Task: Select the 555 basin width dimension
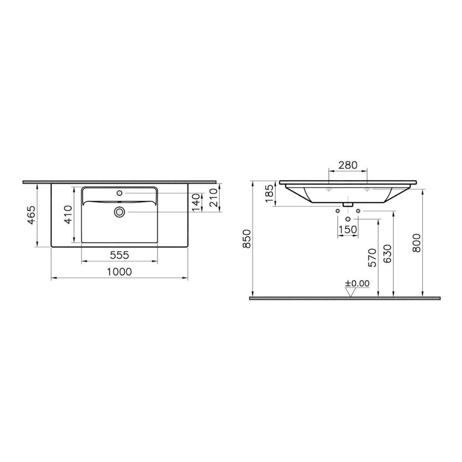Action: click(x=119, y=255)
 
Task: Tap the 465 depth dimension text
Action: click(x=31, y=215)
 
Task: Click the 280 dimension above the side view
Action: click(x=348, y=165)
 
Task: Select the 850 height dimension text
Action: click(x=247, y=239)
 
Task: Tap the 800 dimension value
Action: click(x=417, y=243)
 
